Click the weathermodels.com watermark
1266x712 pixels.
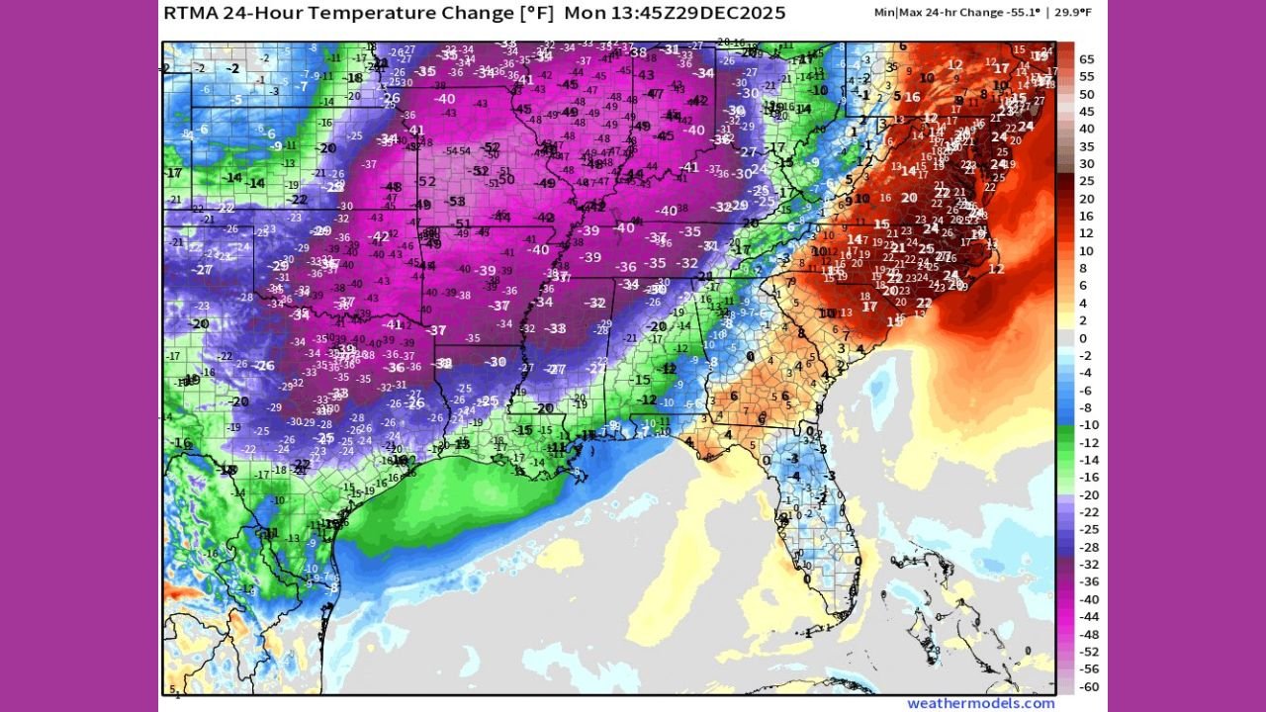[x=981, y=703]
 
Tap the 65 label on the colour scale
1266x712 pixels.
[x=1087, y=59]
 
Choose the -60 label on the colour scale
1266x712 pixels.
[x=1087, y=686]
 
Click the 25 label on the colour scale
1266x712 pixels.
[x=1087, y=181]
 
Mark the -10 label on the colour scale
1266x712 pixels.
[x=1087, y=425]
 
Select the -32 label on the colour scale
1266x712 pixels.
[x=1087, y=565]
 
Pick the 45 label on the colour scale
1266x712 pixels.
[x=1087, y=112]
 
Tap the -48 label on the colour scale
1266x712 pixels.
[x=1087, y=634]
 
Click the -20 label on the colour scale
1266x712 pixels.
[x=1087, y=494]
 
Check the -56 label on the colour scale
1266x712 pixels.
[x=1087, y=668]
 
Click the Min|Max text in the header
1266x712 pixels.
[x=897, y=13]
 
